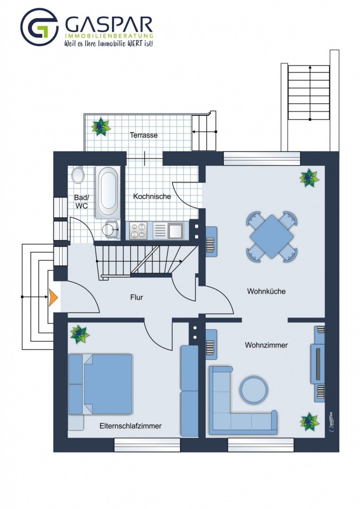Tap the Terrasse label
pyautogui.click(x=144, y=135)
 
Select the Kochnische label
pyautogui.click(x=152, y=196)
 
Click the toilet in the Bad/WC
pyautogui.click(x=78, y=175)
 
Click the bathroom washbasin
pyautogui.click(x=111, y=229)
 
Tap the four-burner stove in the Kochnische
pyautogui.click(x=138, y=231)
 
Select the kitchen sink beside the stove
pyautogui.click(x=168, y=231)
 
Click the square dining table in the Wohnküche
pyautogui.click(x=272, y=237)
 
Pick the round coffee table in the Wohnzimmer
pyautogui.click(x=254, y=389)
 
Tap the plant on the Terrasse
pyautogui.click(x=100, y=126)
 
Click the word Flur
pyautogui.click(x=137, y=297)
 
